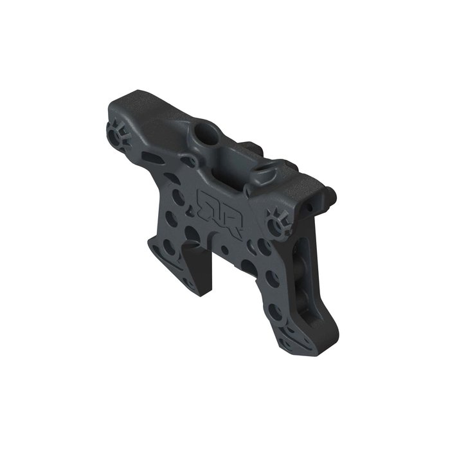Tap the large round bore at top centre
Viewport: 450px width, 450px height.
click(x=205, y=136)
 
